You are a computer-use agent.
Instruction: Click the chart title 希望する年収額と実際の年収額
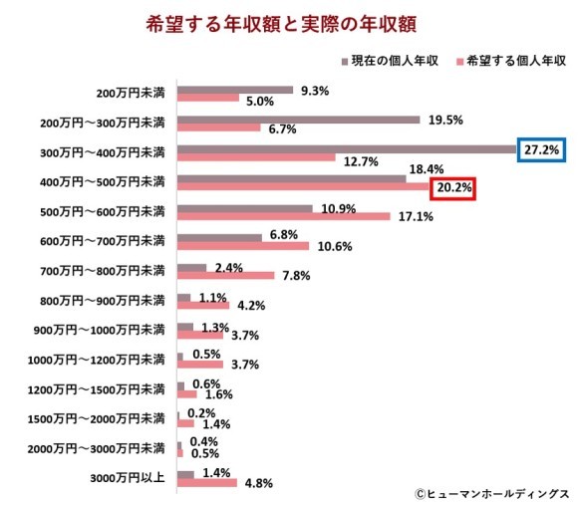coord(288,23)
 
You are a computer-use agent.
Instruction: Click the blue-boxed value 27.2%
coord(543,149)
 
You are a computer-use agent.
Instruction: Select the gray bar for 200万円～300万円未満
coord(298,120)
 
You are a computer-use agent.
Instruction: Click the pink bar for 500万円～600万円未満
coord(282,217)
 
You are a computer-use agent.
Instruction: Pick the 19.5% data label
coord(443,120)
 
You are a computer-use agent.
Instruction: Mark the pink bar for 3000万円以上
coord(206,483)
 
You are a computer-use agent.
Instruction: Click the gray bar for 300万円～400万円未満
coord(346,149)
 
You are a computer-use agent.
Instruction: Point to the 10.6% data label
coord(332,247)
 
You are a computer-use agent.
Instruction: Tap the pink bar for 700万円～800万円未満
coord(224,276)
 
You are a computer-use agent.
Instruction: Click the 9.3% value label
coord(316,90)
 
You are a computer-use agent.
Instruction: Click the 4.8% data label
coord(258,484)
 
